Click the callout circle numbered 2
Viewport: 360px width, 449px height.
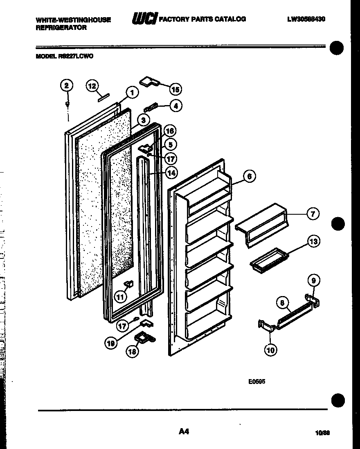66,85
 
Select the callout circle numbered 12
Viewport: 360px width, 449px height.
92,86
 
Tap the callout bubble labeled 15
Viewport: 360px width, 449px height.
175,89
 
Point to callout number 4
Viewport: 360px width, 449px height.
176,106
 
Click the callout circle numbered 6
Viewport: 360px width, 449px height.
249,176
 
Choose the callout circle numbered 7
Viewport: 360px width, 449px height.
313,213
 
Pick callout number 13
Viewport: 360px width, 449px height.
313,242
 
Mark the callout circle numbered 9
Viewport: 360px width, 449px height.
313,281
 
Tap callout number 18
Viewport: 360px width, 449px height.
132,352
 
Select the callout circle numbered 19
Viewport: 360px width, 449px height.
110,344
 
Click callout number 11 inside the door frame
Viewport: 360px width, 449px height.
120,296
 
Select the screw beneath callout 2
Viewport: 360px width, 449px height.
67,105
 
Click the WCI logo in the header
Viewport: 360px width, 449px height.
144,19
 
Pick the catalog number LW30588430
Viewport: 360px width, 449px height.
306,19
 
